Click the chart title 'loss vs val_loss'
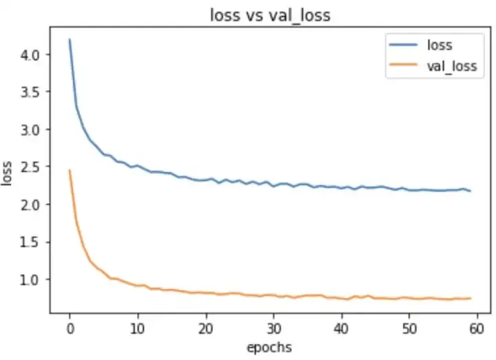270,16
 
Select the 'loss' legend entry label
440,45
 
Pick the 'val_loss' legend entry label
451,67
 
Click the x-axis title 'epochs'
269,347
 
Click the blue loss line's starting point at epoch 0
70,40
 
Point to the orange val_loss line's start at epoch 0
70,170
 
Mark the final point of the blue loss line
471,191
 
